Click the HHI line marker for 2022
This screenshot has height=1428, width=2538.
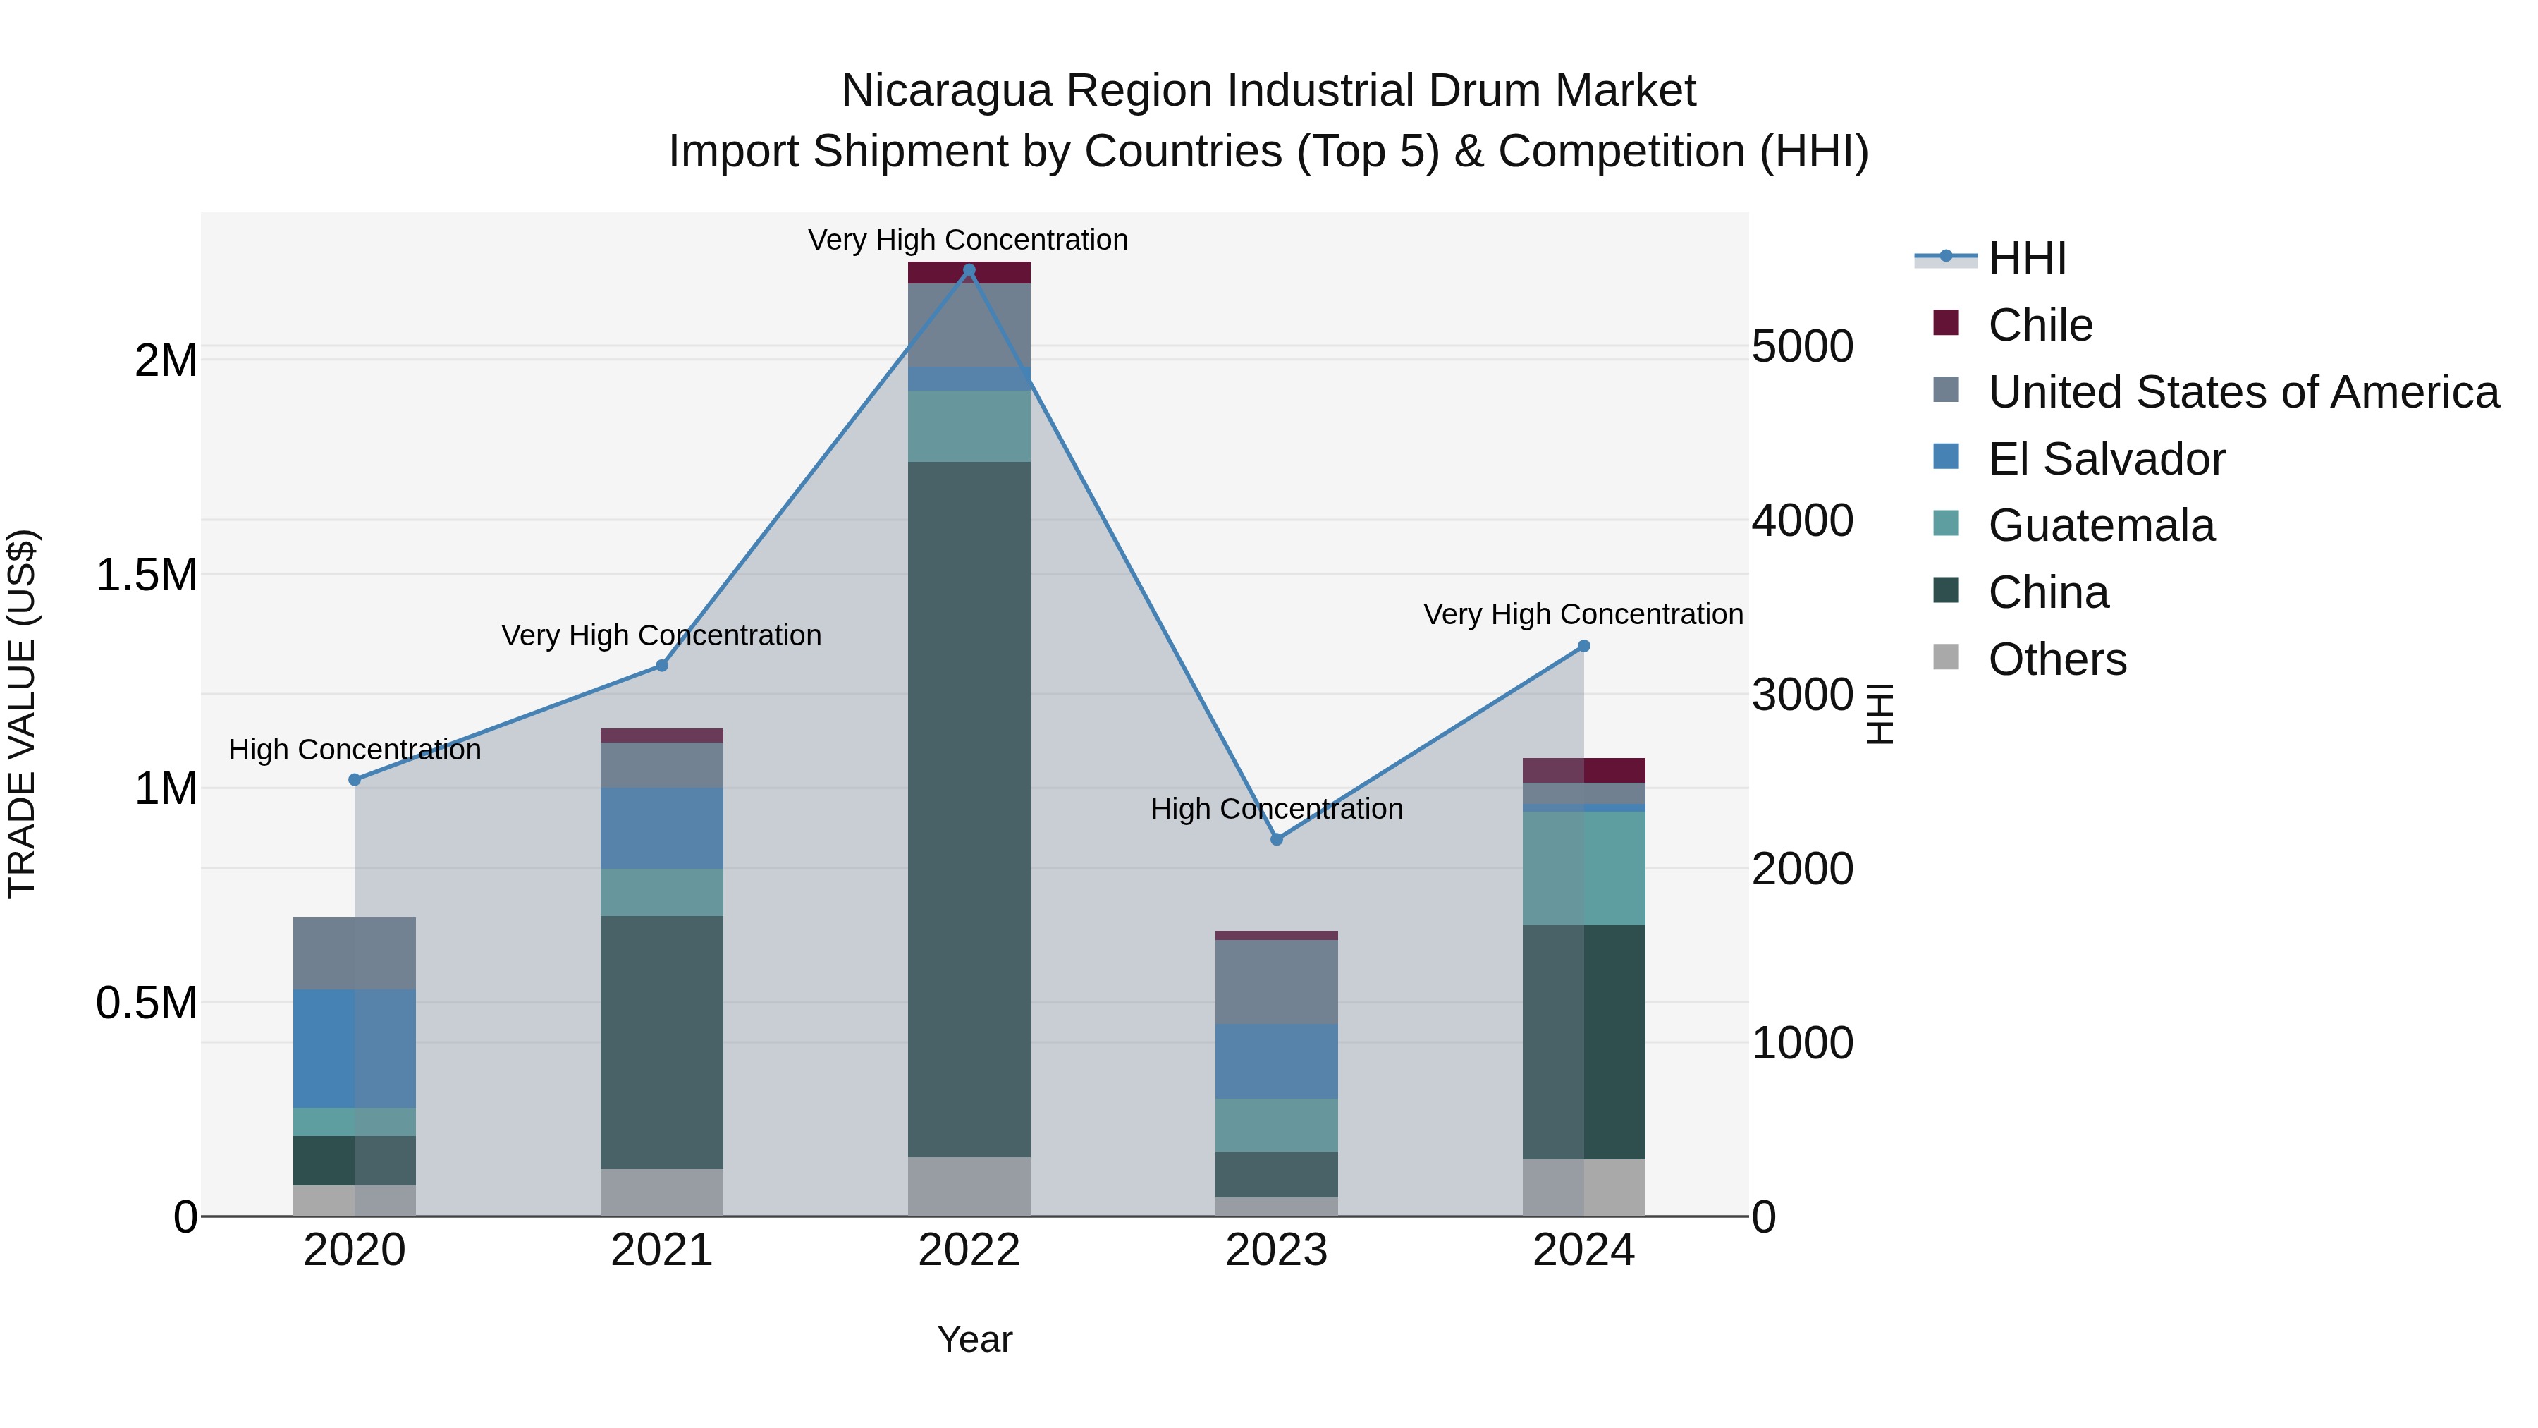coord(969,270)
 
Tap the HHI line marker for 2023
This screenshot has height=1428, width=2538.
coord(1276,840)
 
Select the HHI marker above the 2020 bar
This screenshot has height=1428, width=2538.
coord(355,779)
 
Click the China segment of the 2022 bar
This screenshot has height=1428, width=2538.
coord(969,808)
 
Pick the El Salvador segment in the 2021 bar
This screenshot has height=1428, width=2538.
coord(661,828)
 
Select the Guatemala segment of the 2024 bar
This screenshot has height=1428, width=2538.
coord(1583,867)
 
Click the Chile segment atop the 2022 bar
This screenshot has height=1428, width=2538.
coord(969,273)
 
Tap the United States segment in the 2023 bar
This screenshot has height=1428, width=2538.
coord(1276,982)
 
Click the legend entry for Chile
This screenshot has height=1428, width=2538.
coord(2040,325)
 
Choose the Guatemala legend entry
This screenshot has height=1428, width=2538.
coord(2101,525)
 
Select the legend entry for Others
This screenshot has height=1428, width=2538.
coord(2056,659)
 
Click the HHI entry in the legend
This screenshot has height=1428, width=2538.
coord(2027,258)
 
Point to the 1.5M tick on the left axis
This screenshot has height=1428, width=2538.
coord(147,575)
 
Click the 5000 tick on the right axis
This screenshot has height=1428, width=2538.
coord(1802,346)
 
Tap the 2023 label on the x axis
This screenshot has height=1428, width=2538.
coord(1276,1250)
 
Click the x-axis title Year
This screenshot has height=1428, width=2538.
coord(974,1339)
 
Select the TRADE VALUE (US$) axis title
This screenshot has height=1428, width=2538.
coord(22,714)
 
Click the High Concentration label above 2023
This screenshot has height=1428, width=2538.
coord(1276,809)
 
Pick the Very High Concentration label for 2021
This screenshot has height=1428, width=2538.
coord(661,635)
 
